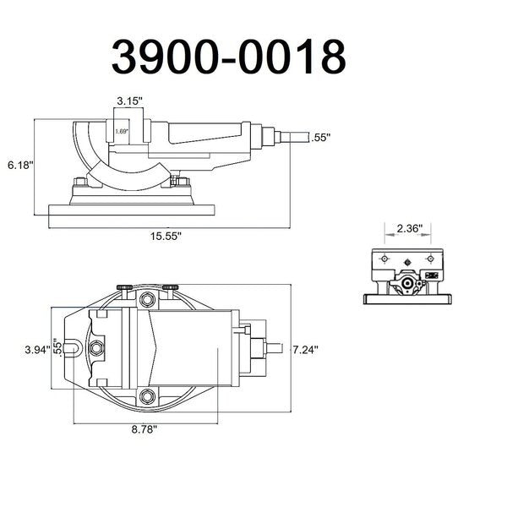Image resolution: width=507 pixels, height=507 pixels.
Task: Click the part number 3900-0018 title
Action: click(229, 57)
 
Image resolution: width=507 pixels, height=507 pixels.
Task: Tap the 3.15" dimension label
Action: click(129, 101)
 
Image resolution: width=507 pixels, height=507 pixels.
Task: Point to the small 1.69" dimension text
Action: click(122, 131)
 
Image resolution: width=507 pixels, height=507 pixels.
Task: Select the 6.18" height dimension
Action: click(20, 166)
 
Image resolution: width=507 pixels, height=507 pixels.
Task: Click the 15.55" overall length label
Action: click(166, 236)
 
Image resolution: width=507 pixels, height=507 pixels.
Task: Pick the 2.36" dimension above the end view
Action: click(410, 229)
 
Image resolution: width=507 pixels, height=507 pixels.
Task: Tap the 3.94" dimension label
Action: click(38, 350)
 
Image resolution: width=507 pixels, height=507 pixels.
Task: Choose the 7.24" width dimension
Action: click(306, 350)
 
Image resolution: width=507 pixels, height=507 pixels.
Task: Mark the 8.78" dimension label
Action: click(144, 429)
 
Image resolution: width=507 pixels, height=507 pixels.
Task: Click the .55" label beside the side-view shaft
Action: click(321, 138)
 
